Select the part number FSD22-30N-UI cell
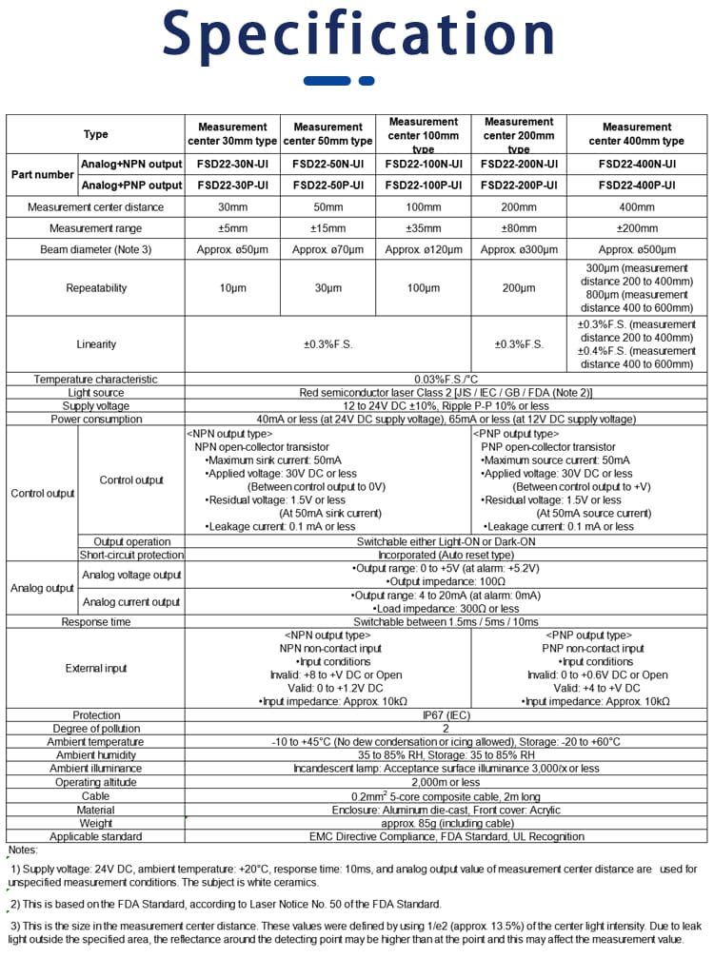click(x=233, y=164)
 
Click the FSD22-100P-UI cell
click(x=424, y=185)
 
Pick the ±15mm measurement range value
click(x=328, y=228)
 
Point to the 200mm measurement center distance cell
click(x=519, y=206)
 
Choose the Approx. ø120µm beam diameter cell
click(x=424, y=249)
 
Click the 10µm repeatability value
click(x=233, y=287)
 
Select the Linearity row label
click(x=95, y=343)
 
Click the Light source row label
click(x=95, y=392)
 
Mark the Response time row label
click(x=95, y=621)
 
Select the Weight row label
click(x=95, y=823)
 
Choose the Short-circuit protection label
click(x=131, y=555)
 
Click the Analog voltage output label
click(x=131, y=575)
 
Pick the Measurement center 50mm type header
click(x=328, y=133)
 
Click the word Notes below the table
click(x=23, y=850)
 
